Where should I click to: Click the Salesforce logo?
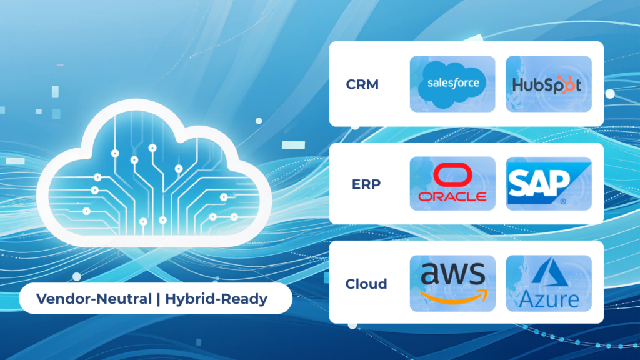click(x=452, y=83)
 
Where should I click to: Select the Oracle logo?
click(x=452, y=183)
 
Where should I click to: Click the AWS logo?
click(x=452, y=283)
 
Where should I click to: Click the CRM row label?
click(x=362, y=84)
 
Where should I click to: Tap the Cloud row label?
click(x=366, y=284)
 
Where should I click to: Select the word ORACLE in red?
click(x=452, y=196)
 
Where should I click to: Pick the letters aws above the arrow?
click(x=452, y=275)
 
